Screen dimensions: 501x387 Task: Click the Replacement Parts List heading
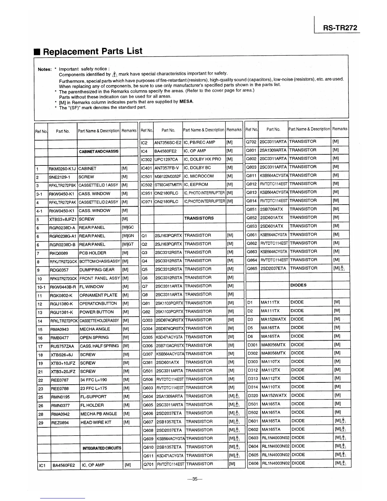[92, 52]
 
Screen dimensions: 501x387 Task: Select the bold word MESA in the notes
[186, 102]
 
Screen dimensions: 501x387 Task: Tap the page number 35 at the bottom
[194, 479]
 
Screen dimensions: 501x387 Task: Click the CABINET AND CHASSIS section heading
[99, 152]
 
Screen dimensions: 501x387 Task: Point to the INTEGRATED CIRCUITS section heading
[101, 448]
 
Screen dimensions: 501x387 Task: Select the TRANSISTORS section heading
[199, 218]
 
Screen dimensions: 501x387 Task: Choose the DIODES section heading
[298, 285]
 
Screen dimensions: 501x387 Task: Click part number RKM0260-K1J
[63, 169]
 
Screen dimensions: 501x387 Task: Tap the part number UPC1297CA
[166, 159]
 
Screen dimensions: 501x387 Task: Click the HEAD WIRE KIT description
[96, 423]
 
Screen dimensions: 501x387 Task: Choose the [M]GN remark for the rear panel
[128, 236]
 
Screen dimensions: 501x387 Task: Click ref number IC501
[147, 176]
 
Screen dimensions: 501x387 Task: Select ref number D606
[253, 463]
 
